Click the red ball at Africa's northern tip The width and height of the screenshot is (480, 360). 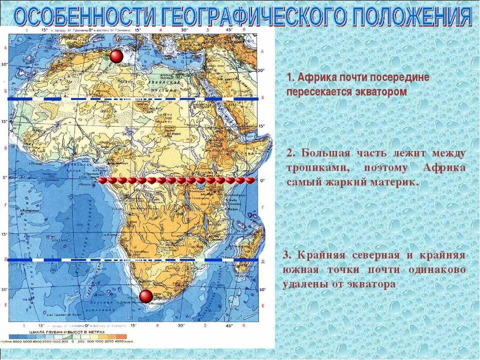click(x=116, y=56)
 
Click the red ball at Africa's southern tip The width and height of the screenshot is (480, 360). click(x=146, y=296)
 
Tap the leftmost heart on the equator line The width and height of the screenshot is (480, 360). click(x=103, y=180)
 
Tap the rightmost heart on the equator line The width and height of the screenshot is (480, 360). click(x=250, y=180)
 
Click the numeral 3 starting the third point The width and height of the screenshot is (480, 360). click(x=285, y=255)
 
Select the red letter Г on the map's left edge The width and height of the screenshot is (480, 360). click(x=5, y=205)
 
